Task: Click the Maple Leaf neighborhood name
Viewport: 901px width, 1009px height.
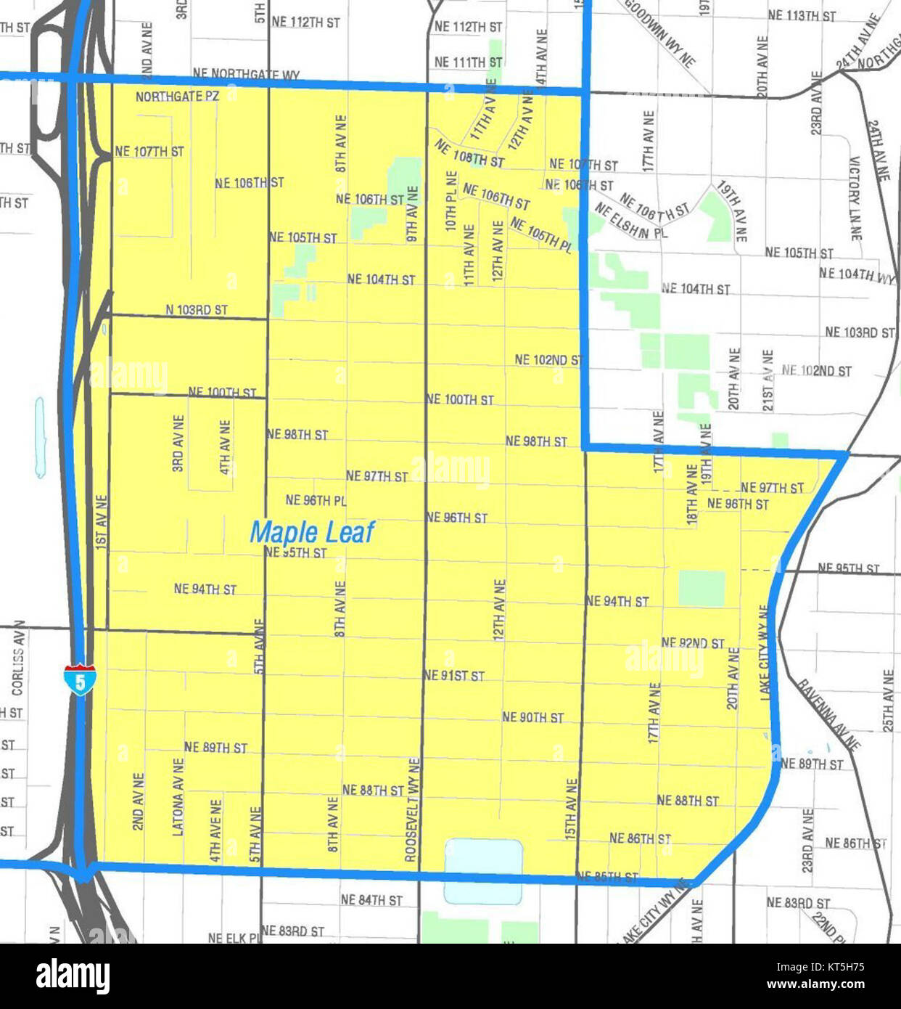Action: pos(312,532)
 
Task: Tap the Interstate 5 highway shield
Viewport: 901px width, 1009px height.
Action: pos(78,680)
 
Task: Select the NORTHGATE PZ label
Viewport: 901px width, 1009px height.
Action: pos(177,97)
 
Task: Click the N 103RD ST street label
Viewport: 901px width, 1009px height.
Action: pos(197,310)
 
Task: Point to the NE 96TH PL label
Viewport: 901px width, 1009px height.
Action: pos(316,500)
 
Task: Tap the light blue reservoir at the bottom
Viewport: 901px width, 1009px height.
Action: pos(483,870)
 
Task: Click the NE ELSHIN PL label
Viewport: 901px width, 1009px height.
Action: pos(630,221)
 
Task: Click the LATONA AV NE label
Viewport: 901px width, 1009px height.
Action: pos(178,797)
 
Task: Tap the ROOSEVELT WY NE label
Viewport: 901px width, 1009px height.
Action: pos(413,809)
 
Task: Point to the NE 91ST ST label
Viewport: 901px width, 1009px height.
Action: pos(454,676)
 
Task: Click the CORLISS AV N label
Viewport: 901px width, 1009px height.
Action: pos(18,658)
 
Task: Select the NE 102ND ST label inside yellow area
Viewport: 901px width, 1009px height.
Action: pos(548,359)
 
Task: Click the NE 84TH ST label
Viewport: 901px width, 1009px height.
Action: pos(371,900)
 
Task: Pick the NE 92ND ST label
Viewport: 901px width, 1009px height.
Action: pos(693,643)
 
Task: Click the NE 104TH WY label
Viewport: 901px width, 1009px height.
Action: pos(857,274)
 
